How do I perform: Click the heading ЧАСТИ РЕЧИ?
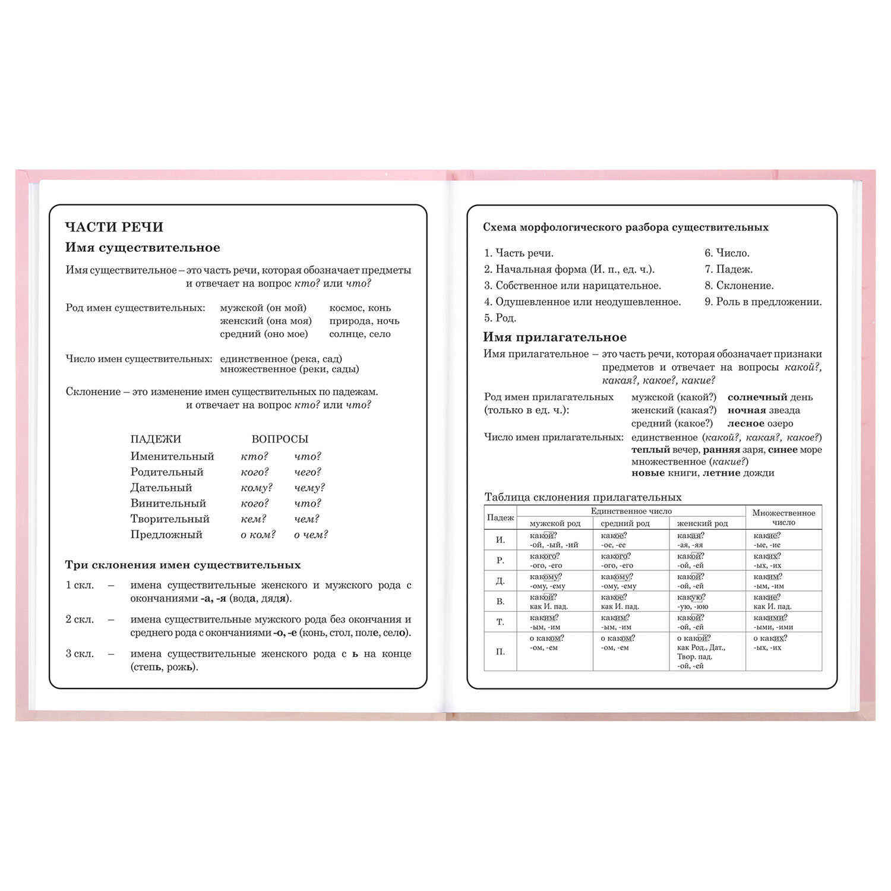(114, 227)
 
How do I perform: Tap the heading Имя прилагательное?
(554, 337)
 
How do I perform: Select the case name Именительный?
(172, 456)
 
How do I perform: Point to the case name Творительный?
(170, 519)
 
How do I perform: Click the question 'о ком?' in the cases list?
(258, 535)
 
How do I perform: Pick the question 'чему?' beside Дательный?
(309, 488)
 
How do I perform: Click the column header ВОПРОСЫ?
(280, 439)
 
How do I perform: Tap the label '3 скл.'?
(80, 653)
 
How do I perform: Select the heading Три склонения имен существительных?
(183, 565)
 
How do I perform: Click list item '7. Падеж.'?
(728, 269)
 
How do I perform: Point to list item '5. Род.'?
(500, 318)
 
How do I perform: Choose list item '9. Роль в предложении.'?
(763, 302)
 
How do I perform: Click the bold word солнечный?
(757, 397)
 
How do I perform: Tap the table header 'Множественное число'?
(783, 517)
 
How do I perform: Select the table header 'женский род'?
(702, 523)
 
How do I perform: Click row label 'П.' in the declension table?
(500, 652)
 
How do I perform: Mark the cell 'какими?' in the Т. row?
(770, 618)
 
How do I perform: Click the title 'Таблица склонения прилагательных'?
(583, 497)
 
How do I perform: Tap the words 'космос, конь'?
(360, 308)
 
